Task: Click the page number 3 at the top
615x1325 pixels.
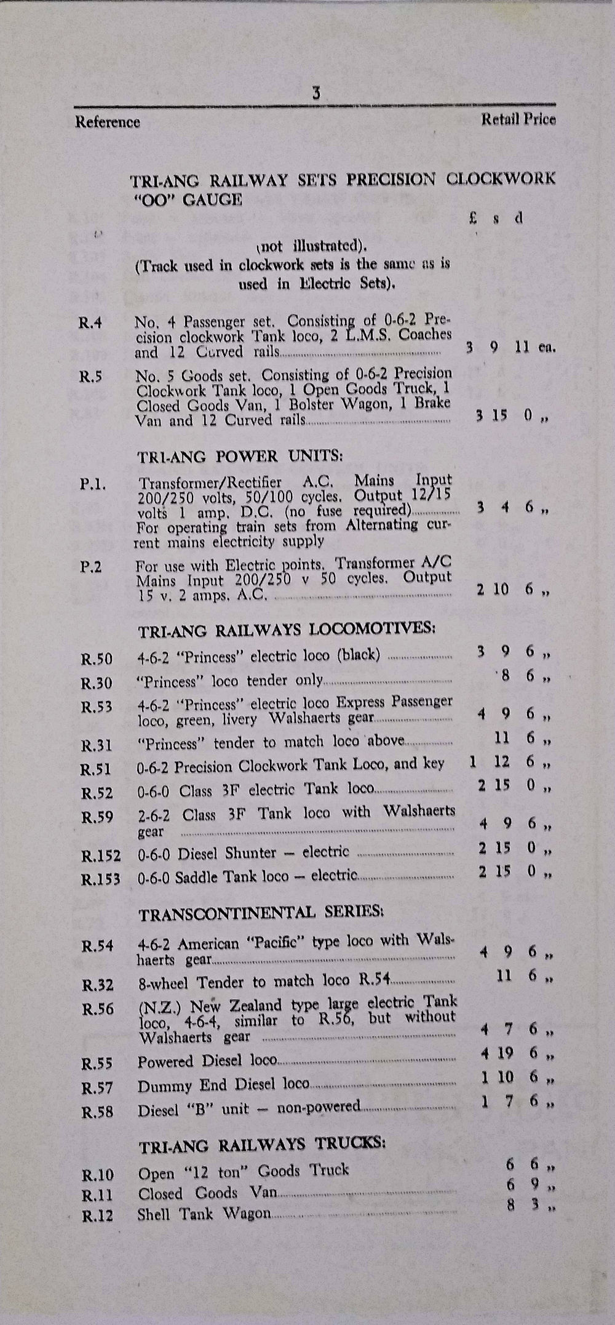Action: [315, 94]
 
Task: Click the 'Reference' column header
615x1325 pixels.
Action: [108, 122]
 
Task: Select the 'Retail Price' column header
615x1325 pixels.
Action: [518, 119]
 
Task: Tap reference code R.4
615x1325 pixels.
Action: [90, 322]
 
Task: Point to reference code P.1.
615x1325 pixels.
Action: [93, 484]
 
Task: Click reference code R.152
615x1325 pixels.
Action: [100, 855]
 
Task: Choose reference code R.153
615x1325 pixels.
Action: [100, 879]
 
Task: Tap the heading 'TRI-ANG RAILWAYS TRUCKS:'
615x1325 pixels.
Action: [262, 1146]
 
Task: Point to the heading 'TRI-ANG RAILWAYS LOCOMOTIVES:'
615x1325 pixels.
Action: [287, 630]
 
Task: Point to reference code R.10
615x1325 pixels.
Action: [97, 1175]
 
